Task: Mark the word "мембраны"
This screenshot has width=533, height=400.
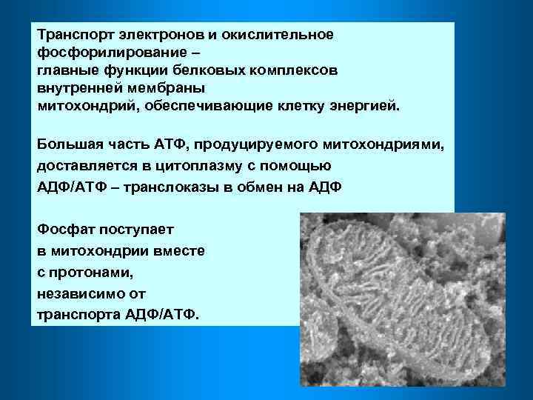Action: tap(169, 87)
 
